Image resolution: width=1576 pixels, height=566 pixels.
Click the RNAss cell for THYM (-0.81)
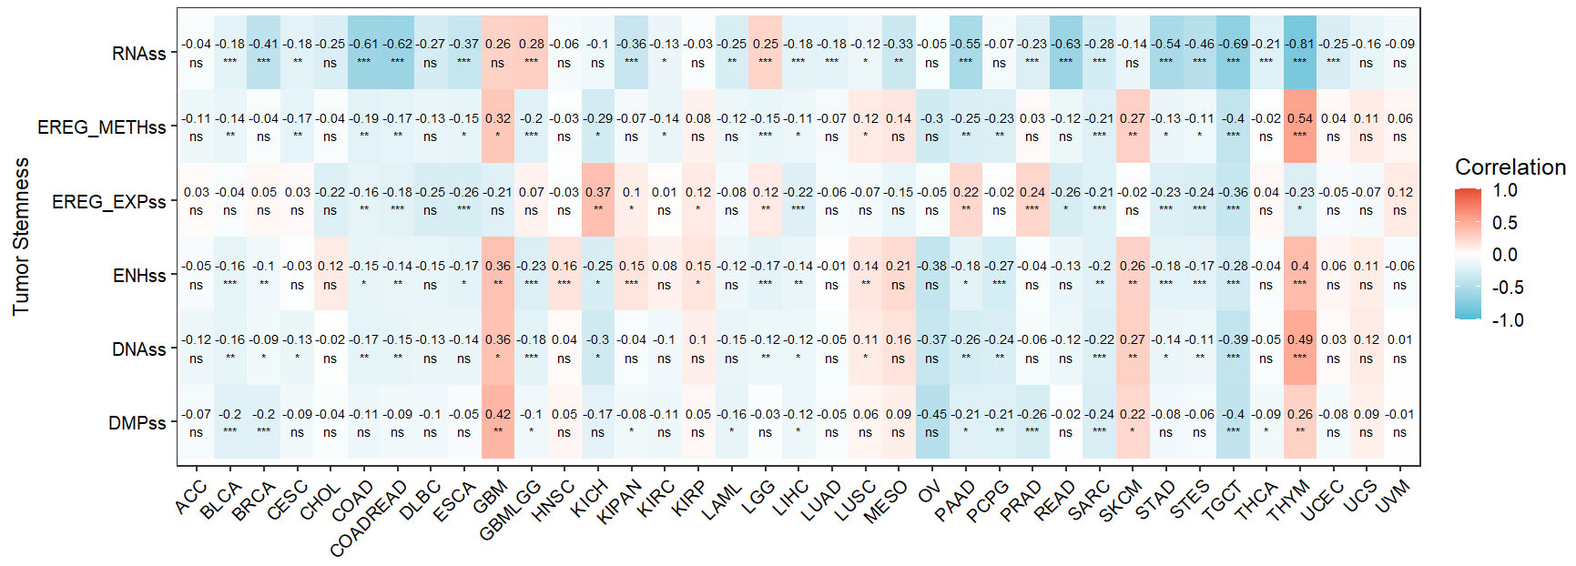click(x=1299, y=53)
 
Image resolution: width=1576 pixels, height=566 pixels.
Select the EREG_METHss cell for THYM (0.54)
click(x=1299, y=126)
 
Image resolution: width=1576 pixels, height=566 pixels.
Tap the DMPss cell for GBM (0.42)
click(x=497, y=422)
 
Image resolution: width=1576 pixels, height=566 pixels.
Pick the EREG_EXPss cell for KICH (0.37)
click(x=597, y=200)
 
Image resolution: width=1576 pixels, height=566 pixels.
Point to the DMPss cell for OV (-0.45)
click(x=931, y=422)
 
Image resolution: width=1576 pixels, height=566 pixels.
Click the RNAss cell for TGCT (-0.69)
click(x=1233, y=53)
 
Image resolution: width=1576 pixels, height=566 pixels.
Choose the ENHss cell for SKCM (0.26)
click(x=1132, y=275)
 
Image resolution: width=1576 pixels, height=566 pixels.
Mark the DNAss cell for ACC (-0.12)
click(x=196, y=349)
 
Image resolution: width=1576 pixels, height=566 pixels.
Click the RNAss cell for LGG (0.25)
click(x=765, y=53)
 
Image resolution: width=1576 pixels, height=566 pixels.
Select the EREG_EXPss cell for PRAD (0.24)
click(x=1032, y=200)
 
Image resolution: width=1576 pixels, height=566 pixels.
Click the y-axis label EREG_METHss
click(x=101, y=127)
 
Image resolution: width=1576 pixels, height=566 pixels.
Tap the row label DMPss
click(x=137, y=423)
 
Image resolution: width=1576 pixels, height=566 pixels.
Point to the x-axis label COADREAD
click(x=368, y=519)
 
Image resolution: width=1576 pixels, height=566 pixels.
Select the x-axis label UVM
click(x=1392, y=497)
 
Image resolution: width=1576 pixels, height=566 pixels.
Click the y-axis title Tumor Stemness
click(x=20, y=237)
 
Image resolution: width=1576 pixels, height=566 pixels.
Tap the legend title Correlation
click(x=1510, y=167)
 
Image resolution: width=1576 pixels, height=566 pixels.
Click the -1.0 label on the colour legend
click(x=1507, y=320)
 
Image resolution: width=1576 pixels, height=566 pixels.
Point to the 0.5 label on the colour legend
click(x=1505, y=223)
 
